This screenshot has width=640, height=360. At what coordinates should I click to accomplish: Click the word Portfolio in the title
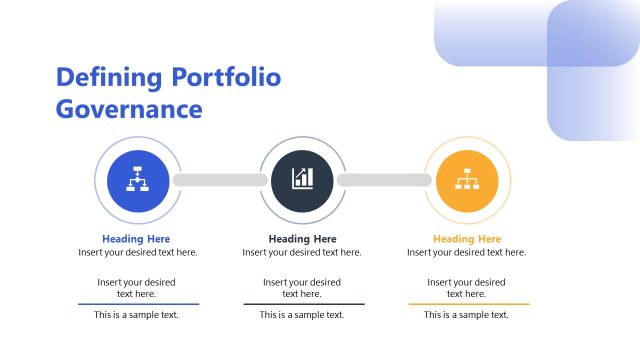(x=227, y=77)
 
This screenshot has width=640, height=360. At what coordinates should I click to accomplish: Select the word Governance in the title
(x=129, y=108)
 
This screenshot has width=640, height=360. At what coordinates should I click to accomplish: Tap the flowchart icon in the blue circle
(x=137, y=180)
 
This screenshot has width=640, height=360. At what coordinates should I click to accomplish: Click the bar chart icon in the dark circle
(x=302, y=180)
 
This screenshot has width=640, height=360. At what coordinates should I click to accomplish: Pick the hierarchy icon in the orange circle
(x=467, y=180)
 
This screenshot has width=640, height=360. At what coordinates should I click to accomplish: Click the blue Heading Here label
(x=136, y=239)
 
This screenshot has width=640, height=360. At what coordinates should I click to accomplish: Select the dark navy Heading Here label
(x=302, y=239)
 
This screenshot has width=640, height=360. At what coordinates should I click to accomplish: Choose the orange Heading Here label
(x=467, y=239)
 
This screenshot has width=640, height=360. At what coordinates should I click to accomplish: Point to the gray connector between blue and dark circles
(x=220, y=180)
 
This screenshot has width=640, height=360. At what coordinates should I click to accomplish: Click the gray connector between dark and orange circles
(x=384, y=180)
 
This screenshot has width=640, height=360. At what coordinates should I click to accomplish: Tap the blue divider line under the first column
(x=139, y=304)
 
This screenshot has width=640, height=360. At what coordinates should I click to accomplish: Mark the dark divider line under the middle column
(x=304, y=304)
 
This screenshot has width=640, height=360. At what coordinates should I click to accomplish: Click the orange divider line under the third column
(x=469, y=304)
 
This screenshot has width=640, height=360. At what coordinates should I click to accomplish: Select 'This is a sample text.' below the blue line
(x=136, y=315)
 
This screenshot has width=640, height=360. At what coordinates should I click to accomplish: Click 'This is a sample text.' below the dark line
(x=302, y=315)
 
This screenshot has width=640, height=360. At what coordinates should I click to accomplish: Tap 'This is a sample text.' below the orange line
(x=466, y=315)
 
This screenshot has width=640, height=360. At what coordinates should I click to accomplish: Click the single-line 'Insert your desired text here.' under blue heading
(x=138, y=253)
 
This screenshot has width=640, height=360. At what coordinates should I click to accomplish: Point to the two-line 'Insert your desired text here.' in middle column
(x=302, y=288)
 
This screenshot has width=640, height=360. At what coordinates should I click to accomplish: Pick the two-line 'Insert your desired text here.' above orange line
(x=466, y=288)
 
